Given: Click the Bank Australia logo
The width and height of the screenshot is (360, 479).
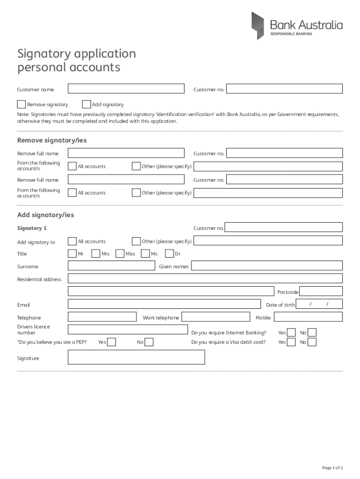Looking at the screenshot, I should pos(296,26).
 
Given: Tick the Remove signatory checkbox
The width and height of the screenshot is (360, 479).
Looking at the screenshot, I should pos(22,104).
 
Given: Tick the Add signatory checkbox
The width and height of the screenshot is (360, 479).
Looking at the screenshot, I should pos(86,104).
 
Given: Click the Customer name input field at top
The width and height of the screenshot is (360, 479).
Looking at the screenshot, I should pos(126,89).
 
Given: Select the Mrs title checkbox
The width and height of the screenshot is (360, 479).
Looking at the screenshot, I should pos(95,254).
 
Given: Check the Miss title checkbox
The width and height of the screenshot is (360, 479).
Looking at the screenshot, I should pos(120,254).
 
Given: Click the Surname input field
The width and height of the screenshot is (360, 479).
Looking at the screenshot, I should pos(111,266).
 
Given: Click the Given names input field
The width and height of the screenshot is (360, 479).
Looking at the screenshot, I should pos(267,266).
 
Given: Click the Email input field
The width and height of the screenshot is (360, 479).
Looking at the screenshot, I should pos(164,305).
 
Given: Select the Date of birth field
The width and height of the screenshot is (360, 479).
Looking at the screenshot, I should pos(320,305).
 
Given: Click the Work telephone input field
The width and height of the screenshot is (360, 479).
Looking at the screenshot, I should pos(216,317).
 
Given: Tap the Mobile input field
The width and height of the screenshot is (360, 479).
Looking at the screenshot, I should pos(308,317).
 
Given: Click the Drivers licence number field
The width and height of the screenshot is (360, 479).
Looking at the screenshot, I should pos(128,329).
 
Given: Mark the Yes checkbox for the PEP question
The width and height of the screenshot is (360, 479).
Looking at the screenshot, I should pos(112,342).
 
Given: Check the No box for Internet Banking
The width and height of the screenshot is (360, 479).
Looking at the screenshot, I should pos(312,333).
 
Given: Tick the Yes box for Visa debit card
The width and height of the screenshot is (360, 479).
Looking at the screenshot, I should pos(291,342).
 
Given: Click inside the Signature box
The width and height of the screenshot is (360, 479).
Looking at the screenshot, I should pos(136,357).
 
